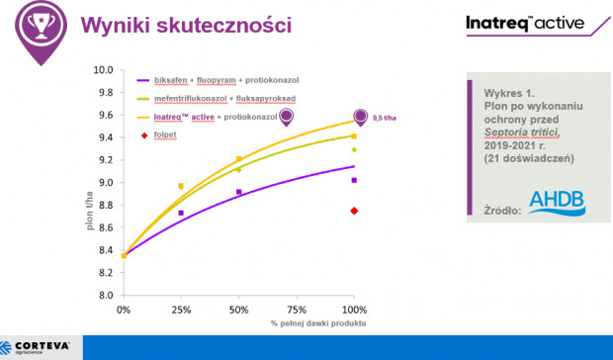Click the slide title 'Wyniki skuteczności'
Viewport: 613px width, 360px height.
[x=185, y=25]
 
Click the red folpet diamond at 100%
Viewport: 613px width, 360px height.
[x=354, y=211]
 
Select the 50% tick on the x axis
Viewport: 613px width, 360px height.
[x=238, y=310]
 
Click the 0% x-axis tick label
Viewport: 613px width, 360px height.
[x=123, y=310]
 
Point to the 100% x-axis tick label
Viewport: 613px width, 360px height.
[x=353, y=310]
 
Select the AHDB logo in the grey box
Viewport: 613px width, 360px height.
[x=556, y=202]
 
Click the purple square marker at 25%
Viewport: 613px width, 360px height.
[x=180, y=213]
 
